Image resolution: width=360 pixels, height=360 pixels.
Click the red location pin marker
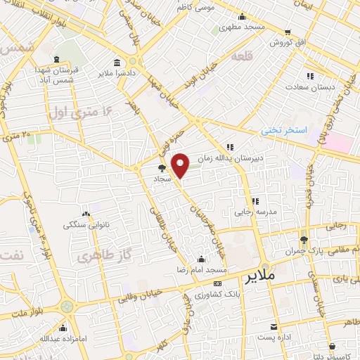click(181, 166)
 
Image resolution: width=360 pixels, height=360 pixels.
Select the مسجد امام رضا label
click(200, 270)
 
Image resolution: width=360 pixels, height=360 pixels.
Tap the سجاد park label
click(162, 179)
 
